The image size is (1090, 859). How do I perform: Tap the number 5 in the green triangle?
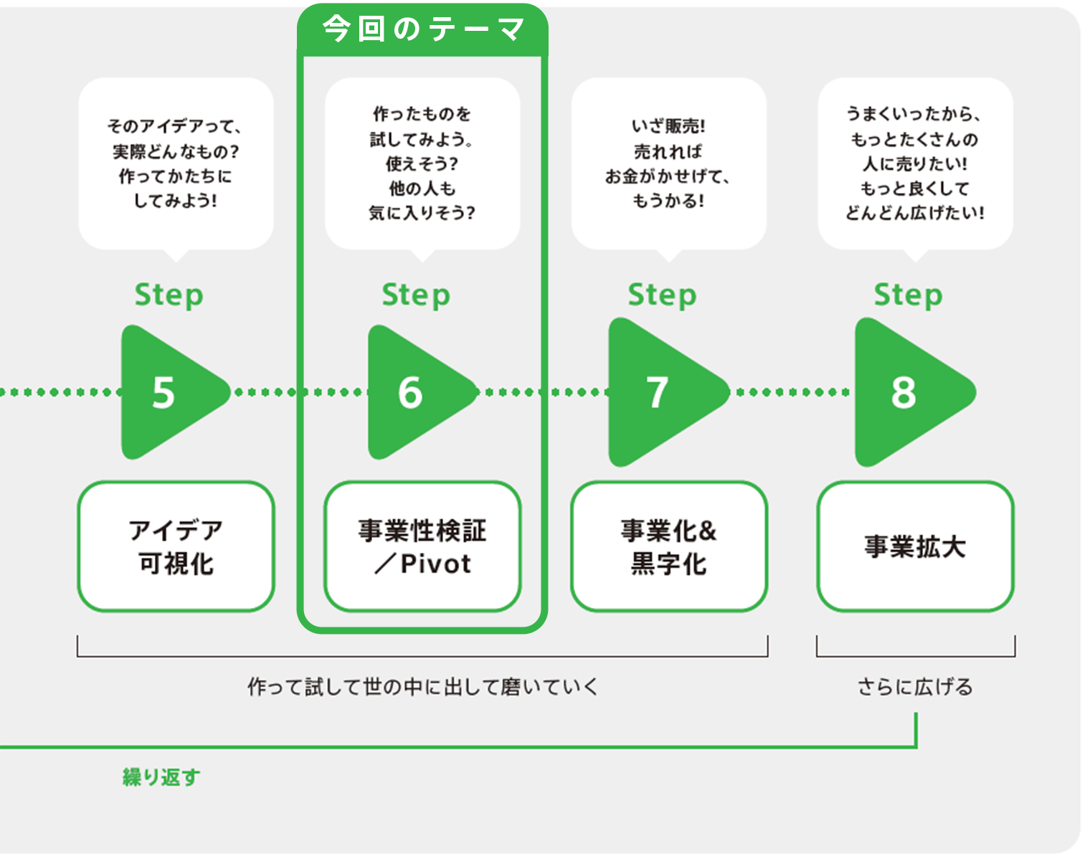pos(164,392)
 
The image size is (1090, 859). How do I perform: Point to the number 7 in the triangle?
pos(658,392)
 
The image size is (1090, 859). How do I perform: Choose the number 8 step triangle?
pos(904,392)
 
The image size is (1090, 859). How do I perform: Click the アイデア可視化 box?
pos(176,546)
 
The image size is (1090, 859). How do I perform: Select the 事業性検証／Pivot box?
pos(422,546)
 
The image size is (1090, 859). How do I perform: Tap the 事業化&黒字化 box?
pos(669,546)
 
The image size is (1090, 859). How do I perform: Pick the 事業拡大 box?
pos(915,546)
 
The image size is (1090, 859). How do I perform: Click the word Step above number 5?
pos(169,295)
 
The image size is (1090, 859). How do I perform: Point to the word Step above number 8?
pos(908,295)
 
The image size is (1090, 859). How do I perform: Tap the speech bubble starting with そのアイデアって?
pos(176,163)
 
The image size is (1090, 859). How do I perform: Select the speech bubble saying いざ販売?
pos(668,163)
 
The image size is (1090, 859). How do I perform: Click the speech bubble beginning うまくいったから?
pos(915,163)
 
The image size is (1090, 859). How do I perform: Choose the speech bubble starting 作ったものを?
pos(422,163)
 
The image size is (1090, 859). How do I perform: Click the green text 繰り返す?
pos(161,777)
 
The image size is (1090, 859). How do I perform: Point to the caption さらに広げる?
pos(915,687)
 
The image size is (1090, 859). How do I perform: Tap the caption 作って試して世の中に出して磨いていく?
pos(422,687)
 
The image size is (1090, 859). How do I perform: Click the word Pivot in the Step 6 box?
pos(435,564)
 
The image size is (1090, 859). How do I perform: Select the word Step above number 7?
pos(662,295)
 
